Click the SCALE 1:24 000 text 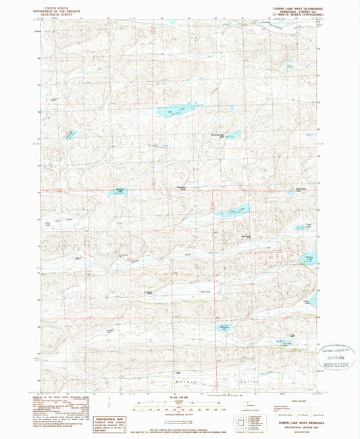coord(179,396)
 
